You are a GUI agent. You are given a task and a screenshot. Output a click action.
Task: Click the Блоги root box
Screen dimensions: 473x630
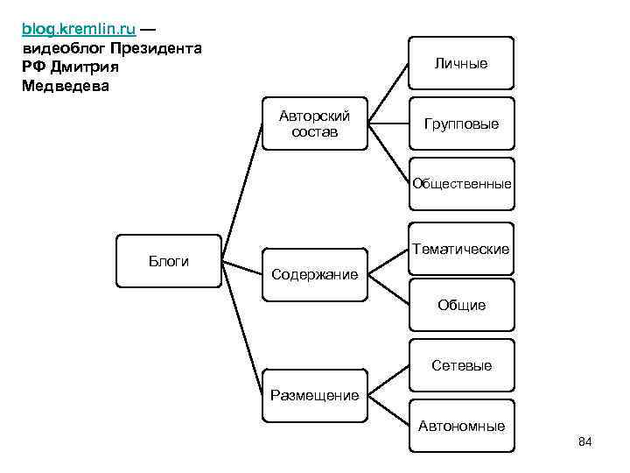click(x=169, y=261)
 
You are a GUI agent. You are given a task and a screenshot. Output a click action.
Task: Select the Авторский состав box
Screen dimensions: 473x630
click(x=315, y=124)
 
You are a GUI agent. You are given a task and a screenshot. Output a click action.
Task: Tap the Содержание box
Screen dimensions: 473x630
click(x=315, y=274)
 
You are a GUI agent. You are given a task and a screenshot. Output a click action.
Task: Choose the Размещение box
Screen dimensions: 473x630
click(x=315, y=395)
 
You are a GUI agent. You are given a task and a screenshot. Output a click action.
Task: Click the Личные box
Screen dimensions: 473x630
click(x=461, y=63)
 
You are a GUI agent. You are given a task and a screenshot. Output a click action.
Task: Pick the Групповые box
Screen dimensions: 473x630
click(x=461, y=124)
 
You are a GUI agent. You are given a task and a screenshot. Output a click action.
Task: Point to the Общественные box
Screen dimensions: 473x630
click(x=461, y=184)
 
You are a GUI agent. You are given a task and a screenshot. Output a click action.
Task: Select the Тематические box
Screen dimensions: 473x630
click(x=461, y=250)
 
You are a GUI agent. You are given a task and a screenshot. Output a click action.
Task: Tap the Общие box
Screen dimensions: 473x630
click(x=461, y=305)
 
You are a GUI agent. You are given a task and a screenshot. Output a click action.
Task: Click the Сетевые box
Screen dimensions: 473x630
click(x=461, y=365)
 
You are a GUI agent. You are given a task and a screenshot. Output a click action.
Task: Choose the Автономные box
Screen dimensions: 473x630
click(x=461, y=426)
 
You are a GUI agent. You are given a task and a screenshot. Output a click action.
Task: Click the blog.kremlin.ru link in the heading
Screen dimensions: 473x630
click(x=78, y=29)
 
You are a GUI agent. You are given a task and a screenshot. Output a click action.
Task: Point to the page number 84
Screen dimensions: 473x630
click(x=585, y=442)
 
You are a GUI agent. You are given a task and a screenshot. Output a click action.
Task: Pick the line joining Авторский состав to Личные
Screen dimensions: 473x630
click(x=388, y=93)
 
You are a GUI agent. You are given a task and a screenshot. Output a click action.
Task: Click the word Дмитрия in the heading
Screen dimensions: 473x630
click(x=82, y=67)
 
